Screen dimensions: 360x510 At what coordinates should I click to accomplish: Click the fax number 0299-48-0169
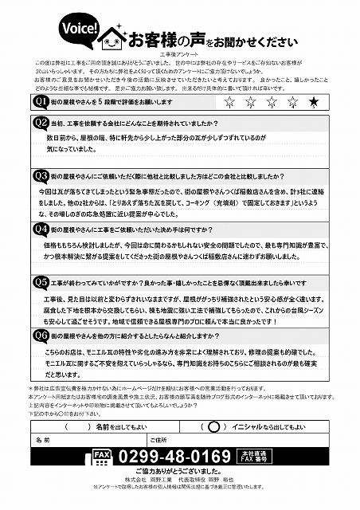[174, 457]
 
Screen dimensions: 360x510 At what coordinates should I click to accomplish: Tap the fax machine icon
[100, 457]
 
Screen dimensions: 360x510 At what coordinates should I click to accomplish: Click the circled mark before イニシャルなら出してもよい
[213, 426]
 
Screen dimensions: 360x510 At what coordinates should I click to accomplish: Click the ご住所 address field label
[157, 440]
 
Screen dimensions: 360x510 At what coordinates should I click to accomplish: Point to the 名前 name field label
[43, 440]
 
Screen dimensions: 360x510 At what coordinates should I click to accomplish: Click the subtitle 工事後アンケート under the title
[180, 53]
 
